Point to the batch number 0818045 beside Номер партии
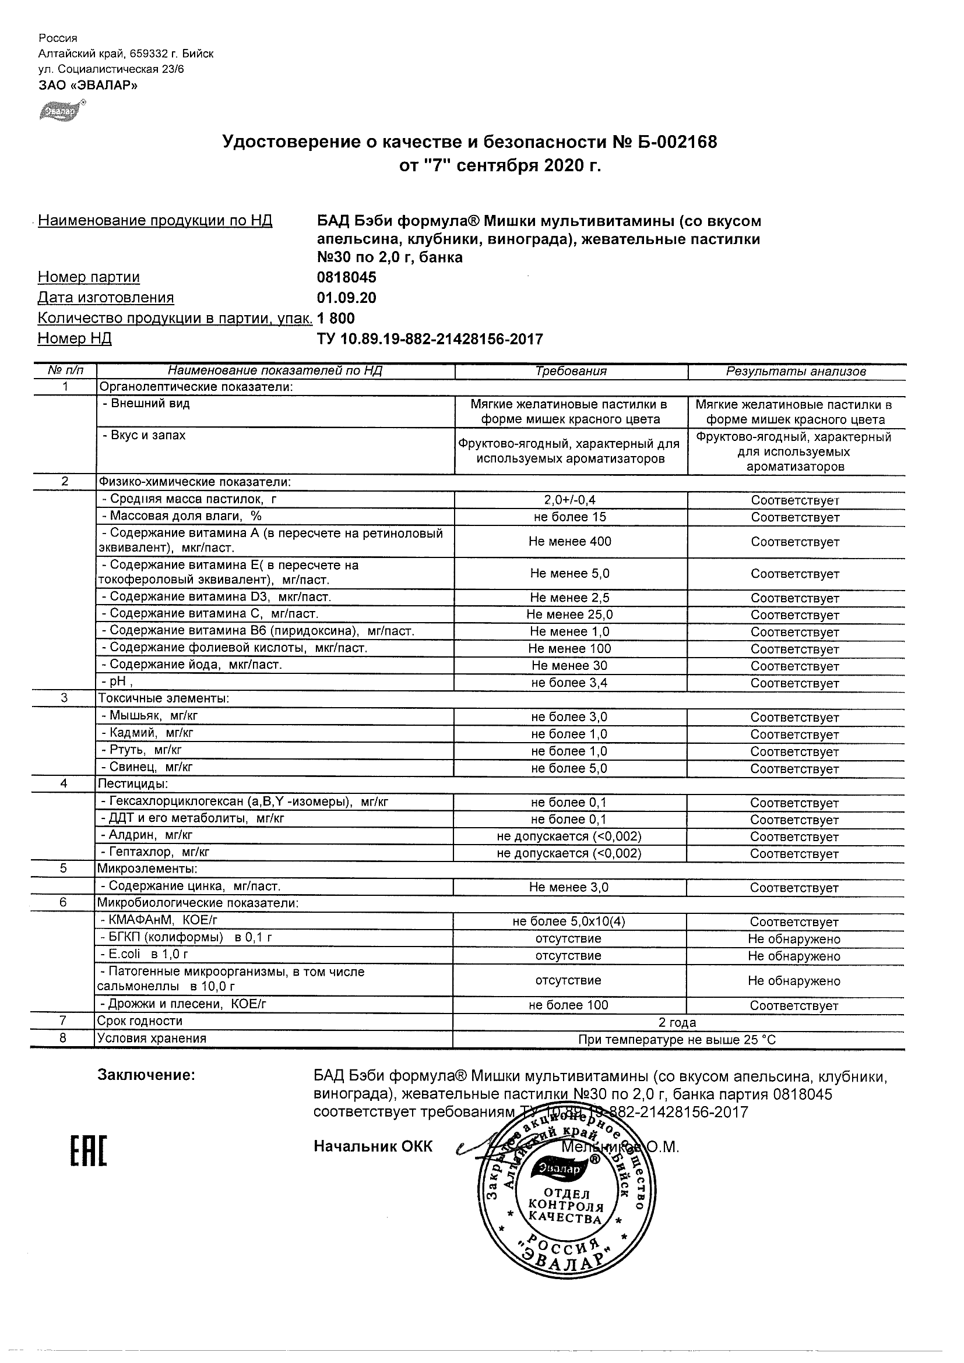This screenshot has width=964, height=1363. click(x=346, y=278)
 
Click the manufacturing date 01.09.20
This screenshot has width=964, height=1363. click(x=346, y=298)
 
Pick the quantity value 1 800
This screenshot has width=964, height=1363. click(x=336, y=318)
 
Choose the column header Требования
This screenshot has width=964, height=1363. click(x=571, y=372)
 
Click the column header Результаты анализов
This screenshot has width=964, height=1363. click(x=796, y=372)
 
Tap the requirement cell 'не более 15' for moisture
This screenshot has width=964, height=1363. click(x=569, y=517)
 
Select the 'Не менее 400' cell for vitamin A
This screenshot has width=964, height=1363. click(x=569, y=541)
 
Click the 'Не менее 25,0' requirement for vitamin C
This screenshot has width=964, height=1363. click(x=569, y=615)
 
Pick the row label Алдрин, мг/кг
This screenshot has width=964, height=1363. click(x=151, y=835)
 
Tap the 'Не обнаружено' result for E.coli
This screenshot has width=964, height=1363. click(x=794, y=956)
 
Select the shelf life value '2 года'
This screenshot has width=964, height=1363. click(x=677, y=1022)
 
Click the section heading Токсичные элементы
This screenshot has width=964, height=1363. click(x=164, y=699)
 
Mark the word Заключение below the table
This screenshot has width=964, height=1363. click(x=146, y=1075)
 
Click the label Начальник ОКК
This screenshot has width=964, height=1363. click(x=373, y=1147)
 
